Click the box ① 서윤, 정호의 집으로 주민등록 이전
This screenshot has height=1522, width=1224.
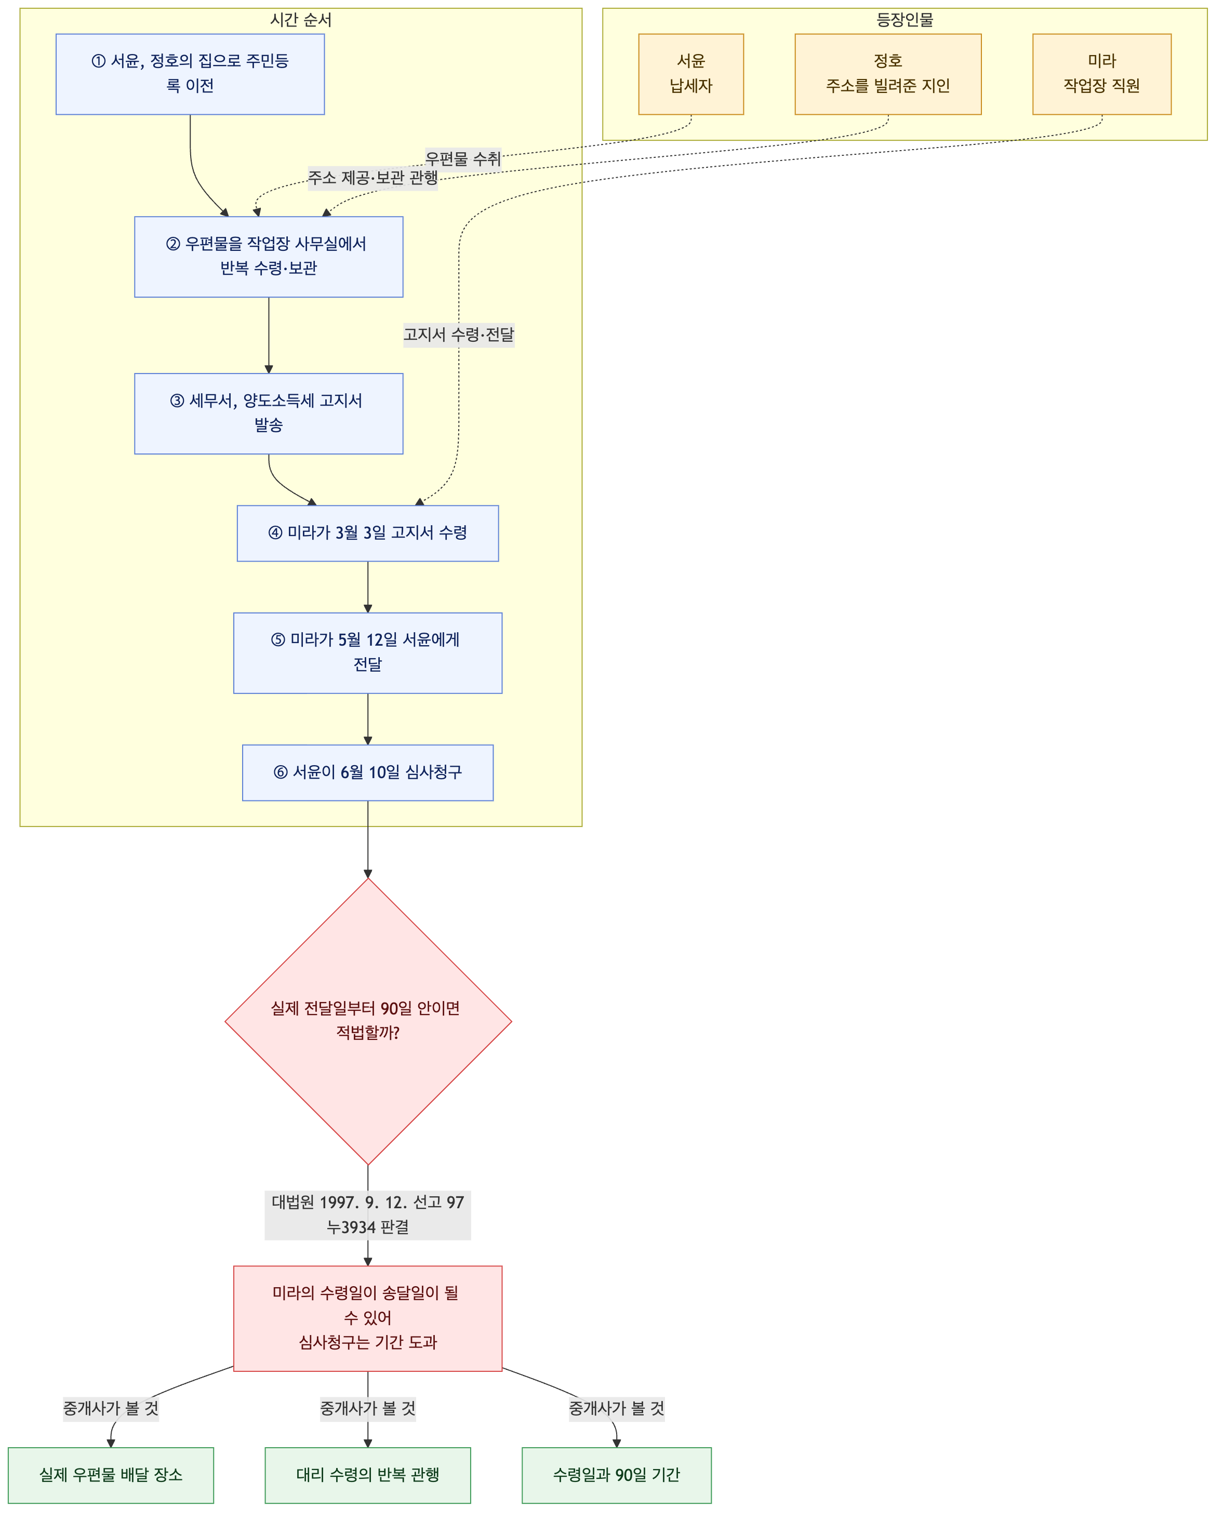point(190,74)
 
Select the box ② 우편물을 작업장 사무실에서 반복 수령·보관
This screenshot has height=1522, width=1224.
point(269,257)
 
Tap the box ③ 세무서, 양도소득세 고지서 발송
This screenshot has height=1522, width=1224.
point(269,413)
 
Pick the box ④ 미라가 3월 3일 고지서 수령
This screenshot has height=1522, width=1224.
point(368,533)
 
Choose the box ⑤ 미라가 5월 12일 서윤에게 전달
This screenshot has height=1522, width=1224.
point(368,653)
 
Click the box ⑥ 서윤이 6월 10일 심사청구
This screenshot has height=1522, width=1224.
point(368,772)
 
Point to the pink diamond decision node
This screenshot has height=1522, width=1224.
point(368,1021)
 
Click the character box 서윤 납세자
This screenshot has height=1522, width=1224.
point(691,74)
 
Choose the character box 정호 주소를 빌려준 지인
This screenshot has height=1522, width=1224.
point(888,74)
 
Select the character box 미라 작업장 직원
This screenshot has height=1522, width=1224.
point(1102,74)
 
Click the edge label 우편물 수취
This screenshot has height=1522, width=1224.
point(463,159)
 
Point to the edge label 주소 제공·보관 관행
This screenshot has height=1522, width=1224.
point(372,177)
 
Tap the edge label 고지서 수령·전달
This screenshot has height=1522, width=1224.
point(459,335)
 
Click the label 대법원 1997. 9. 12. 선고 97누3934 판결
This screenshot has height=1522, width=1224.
point(368,1214)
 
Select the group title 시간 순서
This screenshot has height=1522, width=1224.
point(301,20)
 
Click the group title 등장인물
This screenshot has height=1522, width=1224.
point(905,20)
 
